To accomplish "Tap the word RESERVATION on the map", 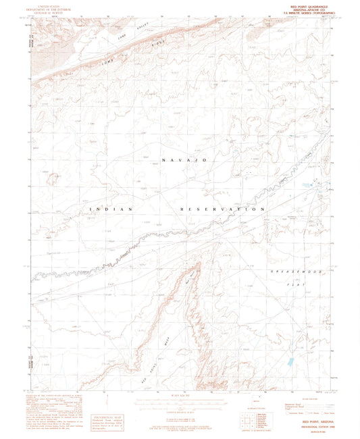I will tap(223, 210).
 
